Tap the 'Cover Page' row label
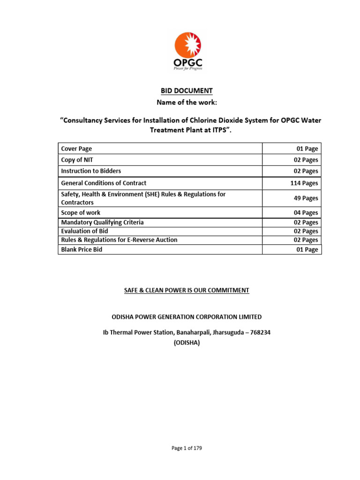tap(77, 149)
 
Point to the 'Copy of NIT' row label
tap(77, 160)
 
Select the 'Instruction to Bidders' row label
tap(91, 171)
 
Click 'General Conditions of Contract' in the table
tap(104, 183)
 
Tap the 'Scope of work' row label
tap(81, 213)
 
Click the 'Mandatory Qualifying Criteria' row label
tap(103, 223)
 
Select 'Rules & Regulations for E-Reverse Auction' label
tap(120, 240)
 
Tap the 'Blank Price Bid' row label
tap(82, 250)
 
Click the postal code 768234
tap(259, 332)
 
